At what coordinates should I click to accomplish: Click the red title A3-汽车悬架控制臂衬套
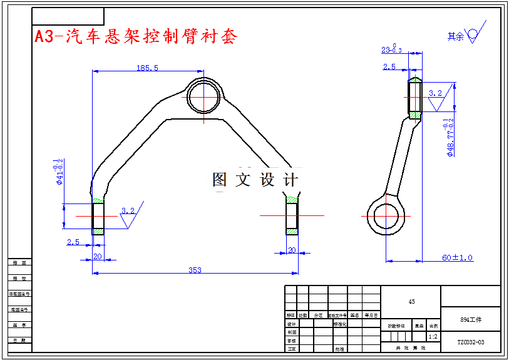point(136,36)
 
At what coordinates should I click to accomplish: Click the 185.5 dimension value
point(147,68)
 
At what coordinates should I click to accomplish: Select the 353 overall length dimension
point(195,270)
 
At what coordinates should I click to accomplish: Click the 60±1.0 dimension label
point(457,257)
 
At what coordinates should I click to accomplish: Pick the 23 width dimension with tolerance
point(392,49)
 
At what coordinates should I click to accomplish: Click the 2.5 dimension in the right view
point(389,66)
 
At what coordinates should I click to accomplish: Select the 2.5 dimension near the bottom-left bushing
point(73,241)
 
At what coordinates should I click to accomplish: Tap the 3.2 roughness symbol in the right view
point(436,93)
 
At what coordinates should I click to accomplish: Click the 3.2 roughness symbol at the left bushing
point(128,211)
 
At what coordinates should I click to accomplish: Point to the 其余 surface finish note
point(463,36)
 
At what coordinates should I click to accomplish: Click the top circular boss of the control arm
point(203,96)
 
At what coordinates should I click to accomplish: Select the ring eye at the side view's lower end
point(383,216)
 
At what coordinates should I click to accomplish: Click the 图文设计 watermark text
point(255,180)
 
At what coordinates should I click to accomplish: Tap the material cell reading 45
point(411,301)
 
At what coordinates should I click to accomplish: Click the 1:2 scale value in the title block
point(432,336)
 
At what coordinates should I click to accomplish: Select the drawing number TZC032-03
point(470,342)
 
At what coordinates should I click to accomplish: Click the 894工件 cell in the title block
point(470,319)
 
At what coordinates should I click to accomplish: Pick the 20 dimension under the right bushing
point(292,250)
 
